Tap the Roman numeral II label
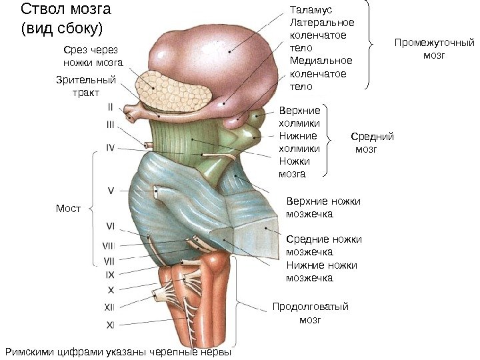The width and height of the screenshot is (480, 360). [x=111, y=106]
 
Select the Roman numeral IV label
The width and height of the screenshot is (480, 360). [x=111, y=147]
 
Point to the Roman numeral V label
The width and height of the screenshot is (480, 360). [x=111, y=190]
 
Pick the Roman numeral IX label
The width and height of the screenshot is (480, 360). [x=110, y=274]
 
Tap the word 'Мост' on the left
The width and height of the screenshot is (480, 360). [x=68, y=209]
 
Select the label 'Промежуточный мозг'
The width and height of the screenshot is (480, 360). [x=433, y=49]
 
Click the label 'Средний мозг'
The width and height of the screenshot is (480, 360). [x=371, y=143]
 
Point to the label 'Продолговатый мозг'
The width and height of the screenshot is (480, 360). [x=311, y=313]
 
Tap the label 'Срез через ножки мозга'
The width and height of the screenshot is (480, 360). [x=93, y=56]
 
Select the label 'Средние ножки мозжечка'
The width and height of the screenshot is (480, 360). [x=323, y=245]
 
